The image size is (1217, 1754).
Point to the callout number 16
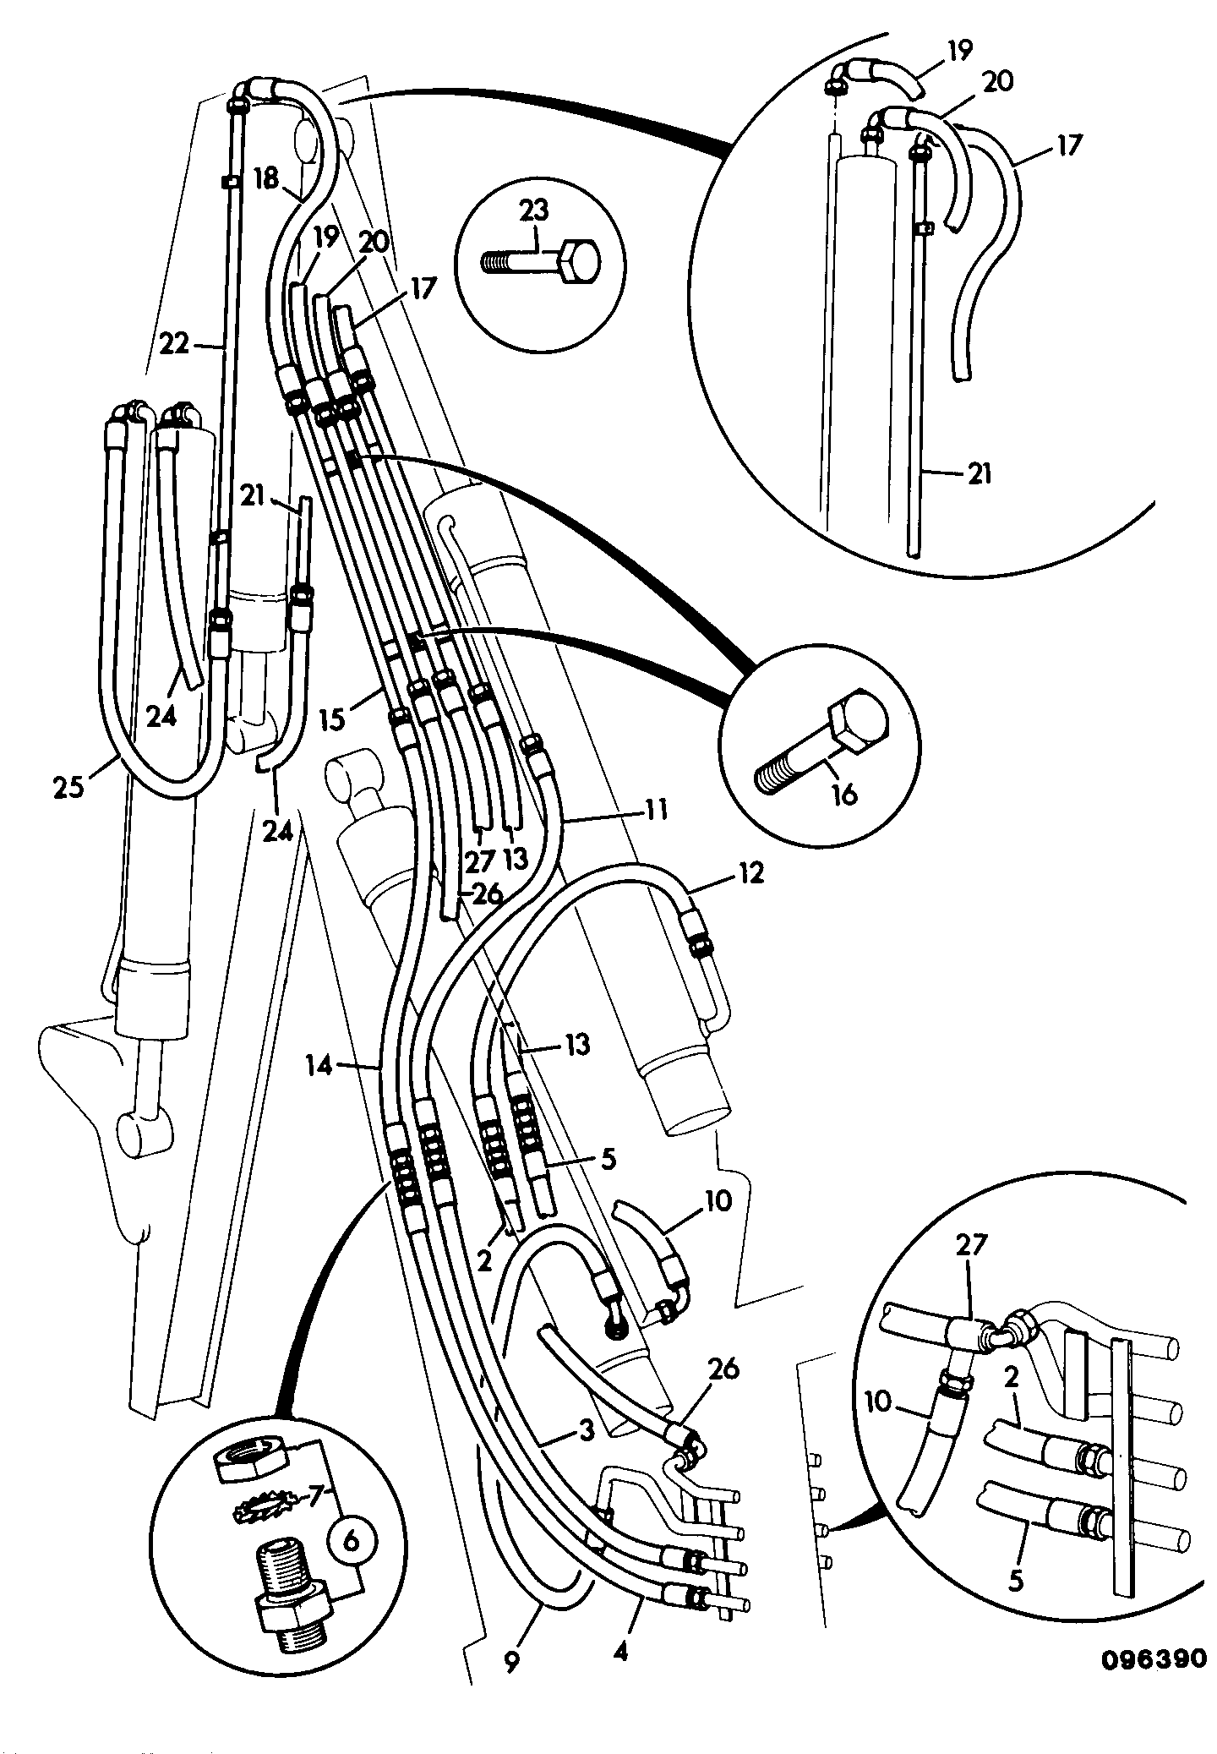pyautogui.click(x=843, y=794)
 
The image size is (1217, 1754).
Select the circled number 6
pyautogui.click(x=352, y=1540)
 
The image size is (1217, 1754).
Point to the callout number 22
pyautogui.click(x=175, y=346)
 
